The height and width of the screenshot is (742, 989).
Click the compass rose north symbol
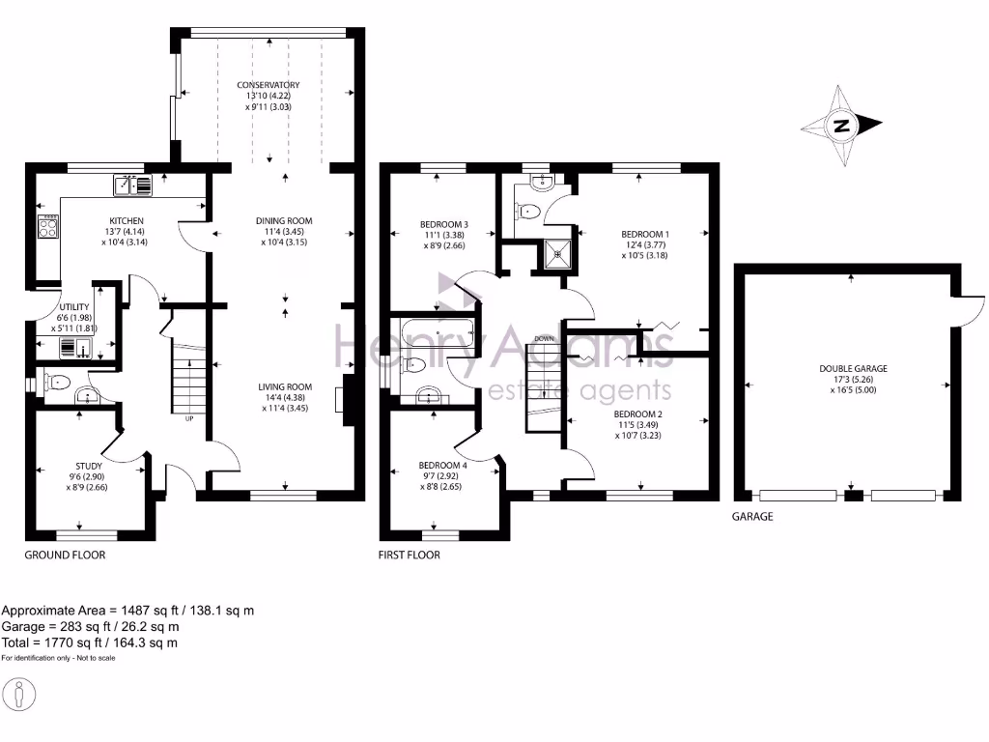click(842, 126)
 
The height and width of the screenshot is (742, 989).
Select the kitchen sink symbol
click(132, 184)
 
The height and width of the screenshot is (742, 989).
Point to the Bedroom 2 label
click(638, 414)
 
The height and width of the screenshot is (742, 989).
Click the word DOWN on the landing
click(544, 339)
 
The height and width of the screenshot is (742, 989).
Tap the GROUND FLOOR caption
click(65, 556)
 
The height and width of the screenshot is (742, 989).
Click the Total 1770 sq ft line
click(89, 642)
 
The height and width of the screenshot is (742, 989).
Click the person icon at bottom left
click(19, 695)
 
